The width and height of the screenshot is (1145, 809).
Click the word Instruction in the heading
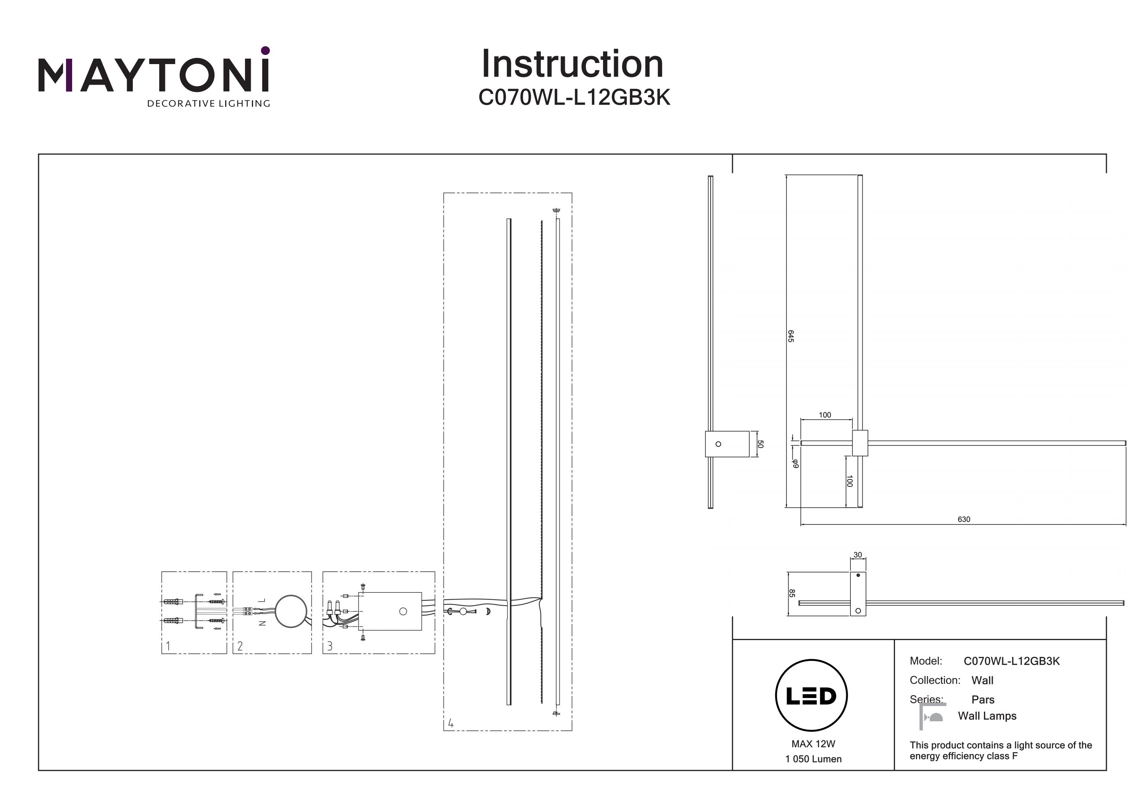[572, 64]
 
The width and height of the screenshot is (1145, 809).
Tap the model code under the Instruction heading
[574, 98]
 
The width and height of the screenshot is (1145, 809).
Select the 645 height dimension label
[790, 336]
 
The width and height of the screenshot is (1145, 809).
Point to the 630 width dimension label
[963, 519]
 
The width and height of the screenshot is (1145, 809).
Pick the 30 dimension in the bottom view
[857, 555]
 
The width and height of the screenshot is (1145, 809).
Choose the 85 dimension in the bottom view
[792, 593]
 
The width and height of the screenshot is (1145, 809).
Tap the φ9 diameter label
[795, 463]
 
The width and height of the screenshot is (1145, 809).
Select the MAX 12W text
[813, 744]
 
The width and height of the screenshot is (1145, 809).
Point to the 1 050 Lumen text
[813, 759]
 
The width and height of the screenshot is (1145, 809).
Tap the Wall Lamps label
[987, 716]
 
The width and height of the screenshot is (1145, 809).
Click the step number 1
[168, 646]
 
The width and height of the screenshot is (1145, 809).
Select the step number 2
[240, 646]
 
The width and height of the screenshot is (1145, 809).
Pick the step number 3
[330, 646]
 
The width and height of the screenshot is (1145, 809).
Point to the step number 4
[451, 723]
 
